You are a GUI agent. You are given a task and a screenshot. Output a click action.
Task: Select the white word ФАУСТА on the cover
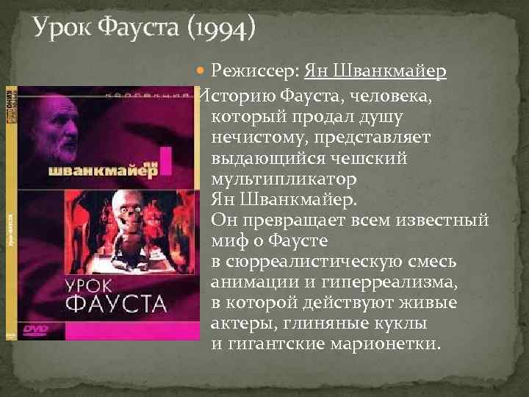pyautogui.click(x=116, y=302)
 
